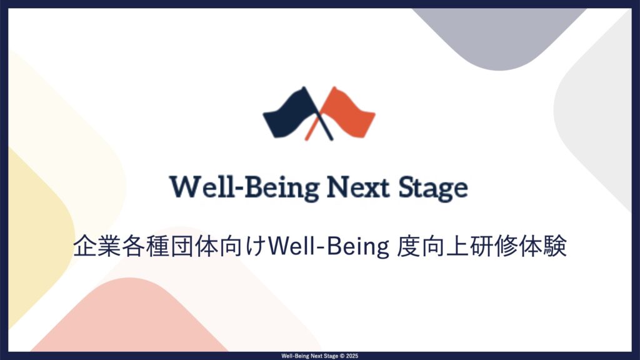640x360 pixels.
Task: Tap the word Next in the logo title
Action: (358, 187)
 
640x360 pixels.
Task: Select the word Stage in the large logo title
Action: (433, 189)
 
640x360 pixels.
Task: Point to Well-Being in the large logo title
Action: (244, 188)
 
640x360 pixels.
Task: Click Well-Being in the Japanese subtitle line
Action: (329, 246)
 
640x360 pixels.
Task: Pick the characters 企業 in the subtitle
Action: (97, 246)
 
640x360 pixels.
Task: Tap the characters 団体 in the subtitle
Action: (194, 246)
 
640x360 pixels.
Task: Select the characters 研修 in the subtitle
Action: (494, 246)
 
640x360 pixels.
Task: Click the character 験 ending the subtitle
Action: (555, 246)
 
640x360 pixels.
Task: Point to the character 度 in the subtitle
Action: (409, 246)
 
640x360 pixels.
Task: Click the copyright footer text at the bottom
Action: (319, 356)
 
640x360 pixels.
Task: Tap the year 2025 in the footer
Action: (352, 356)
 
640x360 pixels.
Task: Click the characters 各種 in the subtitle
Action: (146, 246)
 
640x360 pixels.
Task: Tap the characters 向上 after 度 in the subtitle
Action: (445, 246)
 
